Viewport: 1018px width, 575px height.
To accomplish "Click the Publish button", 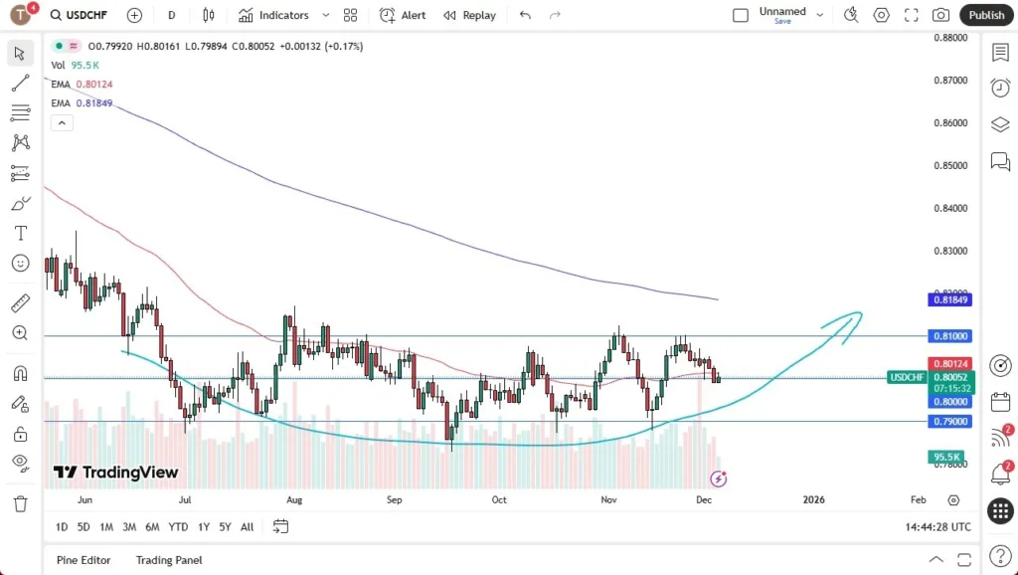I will coord(986,15).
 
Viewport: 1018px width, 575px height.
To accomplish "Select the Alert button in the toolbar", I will coord(403,15).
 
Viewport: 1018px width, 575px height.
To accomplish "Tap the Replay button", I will coord(469,15).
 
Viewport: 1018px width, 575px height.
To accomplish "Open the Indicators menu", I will coord(273,15).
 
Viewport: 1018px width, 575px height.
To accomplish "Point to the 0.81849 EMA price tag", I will coord(949,299).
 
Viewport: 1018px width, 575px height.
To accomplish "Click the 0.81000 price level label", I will coord(949,336).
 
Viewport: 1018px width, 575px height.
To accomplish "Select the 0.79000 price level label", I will coord(949,421).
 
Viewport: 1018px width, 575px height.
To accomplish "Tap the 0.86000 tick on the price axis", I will coord(949,123).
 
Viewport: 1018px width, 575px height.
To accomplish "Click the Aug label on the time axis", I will coord(293,499).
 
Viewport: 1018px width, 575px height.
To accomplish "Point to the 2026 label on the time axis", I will coord(813,499).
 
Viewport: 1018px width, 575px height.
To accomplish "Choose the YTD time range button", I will coord(178,527).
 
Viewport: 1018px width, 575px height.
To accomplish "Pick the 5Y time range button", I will coord(225,527).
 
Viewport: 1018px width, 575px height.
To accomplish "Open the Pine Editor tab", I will coord(84,560).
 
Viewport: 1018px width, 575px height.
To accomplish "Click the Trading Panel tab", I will coord(169,560).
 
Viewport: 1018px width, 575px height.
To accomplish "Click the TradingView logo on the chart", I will coord(116,473).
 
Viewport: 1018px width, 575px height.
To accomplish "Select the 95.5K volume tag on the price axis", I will coord(945,457).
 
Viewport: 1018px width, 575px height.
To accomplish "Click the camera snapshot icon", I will coord(940,15).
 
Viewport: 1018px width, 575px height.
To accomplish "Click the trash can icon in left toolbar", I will coord(20,504).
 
